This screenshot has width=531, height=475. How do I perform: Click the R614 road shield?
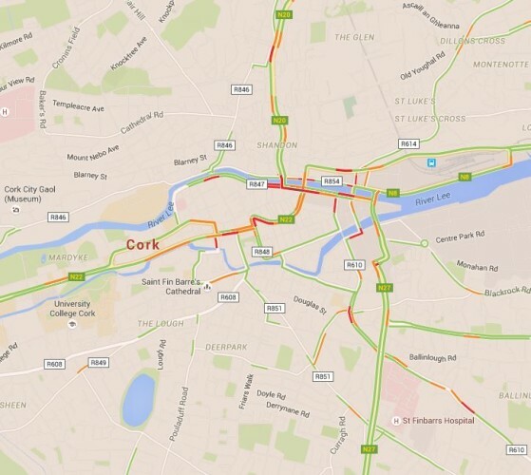pyautogui.click(x=408, y=143)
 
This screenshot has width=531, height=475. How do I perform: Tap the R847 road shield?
pyautogui.click(x=256, y=182)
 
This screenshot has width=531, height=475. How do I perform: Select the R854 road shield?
pyautogui.click(x=332, y=180)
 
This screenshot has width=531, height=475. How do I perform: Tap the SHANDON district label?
pyautogui.click(x=277, y=144)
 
